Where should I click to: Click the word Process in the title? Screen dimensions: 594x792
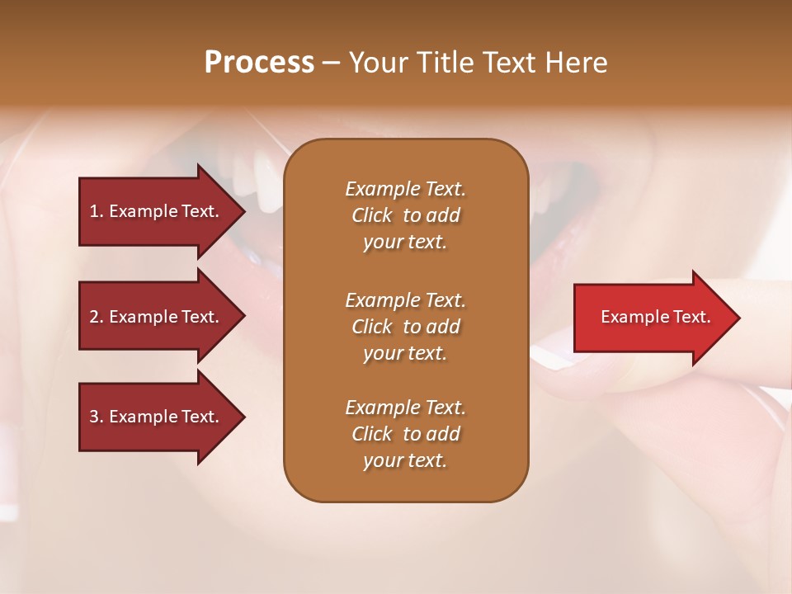pyautogui.click(x=259, y=63)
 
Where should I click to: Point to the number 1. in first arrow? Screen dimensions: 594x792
pyautogui.click(x=97, y=211)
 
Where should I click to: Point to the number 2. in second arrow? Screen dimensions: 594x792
pyautogui.click(x=97, y=317)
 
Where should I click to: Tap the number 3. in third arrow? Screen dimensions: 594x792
pyautogui.click(x=97, y=417)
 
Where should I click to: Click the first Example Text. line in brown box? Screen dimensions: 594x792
pyautogui.click(x=405, y=189)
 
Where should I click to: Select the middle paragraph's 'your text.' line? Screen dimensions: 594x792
pyautogui.click(x=405, y=353)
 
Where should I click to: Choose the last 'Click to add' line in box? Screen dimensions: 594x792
pyautogui.click(x=405, y=434)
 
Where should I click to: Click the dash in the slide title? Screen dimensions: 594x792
pyautogui.click(x=332, y=64)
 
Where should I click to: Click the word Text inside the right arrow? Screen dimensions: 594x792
pyautogui.click(x=691, y=317)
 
